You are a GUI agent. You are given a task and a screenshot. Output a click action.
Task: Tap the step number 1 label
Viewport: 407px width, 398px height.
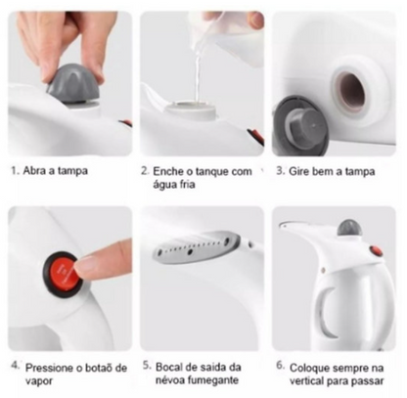pyautogui.click(x=14, y=170)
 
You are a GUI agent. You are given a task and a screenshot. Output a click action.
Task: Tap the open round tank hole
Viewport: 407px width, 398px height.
pyautogui.click(x=347, y=90)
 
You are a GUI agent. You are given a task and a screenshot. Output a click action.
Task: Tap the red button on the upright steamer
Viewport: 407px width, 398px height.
pyautogui.click(x=376, y=250)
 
